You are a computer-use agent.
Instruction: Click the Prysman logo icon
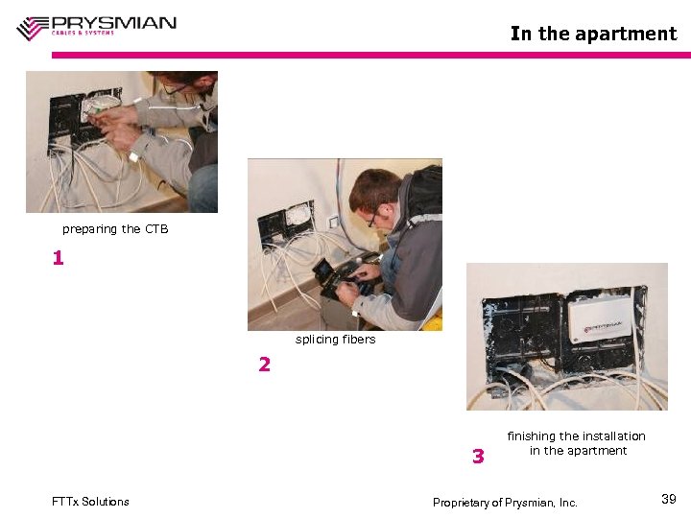(x=33, y=28)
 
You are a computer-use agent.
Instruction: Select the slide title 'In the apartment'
(x=593, y=34)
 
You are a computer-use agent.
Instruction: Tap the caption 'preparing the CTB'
(x=115, y=229)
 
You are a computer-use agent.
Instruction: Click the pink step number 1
(x=59, y=259)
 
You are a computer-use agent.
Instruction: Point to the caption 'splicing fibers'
(x=335, y=340)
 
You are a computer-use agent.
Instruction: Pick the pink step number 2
(x=264, y=365)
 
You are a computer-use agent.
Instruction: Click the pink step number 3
(x=478, y=457)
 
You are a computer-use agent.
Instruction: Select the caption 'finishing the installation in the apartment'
(x=577, y=443)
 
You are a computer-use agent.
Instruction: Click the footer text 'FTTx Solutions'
(x=90, y=502)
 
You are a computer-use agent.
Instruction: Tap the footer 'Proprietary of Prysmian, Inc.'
(x=505, y=503)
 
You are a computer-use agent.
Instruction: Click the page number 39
(x=669, y=499)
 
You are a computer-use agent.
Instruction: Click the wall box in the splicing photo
(x=286, y=223)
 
